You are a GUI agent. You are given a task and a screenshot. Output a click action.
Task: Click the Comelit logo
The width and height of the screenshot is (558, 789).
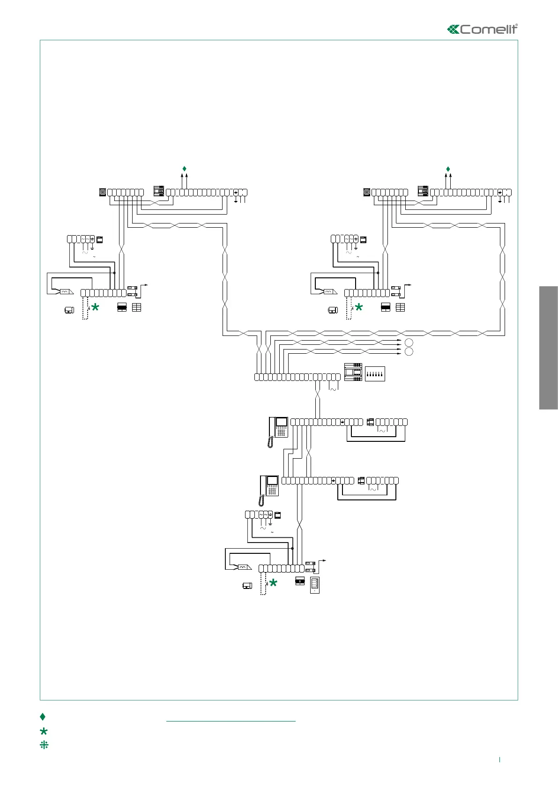click(x=483, y=29)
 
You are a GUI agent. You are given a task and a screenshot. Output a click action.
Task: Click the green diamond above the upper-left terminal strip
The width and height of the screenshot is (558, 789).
click(x=184, y=169)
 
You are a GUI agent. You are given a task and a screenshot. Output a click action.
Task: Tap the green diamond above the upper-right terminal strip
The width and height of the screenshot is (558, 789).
click(x=448, y=169)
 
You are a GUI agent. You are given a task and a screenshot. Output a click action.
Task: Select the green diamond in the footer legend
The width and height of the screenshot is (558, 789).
click(x=43, y=716)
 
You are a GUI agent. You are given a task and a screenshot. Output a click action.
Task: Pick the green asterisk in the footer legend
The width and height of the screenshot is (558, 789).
click(x=44, y=731)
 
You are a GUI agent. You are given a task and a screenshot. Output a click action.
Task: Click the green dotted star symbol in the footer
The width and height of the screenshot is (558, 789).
click(x=44, y=744)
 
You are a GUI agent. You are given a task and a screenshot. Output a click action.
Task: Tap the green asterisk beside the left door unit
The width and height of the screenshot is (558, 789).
click(x=95, y=308)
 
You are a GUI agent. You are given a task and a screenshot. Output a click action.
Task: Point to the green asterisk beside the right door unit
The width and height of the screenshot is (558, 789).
click(x=359, y=308)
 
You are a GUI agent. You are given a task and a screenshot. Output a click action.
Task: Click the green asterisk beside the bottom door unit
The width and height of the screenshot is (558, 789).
click(x=273, y=583)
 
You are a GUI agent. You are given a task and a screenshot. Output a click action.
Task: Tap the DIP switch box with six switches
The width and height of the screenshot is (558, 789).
click(x=375, y=374)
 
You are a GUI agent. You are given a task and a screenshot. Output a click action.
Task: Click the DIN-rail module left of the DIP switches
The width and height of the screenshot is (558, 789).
click(x=353, y=372)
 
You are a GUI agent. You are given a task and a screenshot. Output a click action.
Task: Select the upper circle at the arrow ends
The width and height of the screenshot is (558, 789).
click(x=409, y=342)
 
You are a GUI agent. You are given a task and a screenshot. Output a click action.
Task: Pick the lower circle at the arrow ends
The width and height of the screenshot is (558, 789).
click(x=409, y=352)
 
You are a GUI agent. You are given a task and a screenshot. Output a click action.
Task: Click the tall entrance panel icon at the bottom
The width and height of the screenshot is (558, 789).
click(x=315, y=585)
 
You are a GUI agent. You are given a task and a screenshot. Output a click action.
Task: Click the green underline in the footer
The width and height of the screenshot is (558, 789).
click(x=231, y=721)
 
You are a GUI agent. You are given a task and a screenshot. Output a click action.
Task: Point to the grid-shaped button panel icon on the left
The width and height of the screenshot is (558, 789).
click(x=136, y=307)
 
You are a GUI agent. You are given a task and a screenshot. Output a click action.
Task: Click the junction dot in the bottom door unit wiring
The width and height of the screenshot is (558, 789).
click(x=292, y=548)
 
